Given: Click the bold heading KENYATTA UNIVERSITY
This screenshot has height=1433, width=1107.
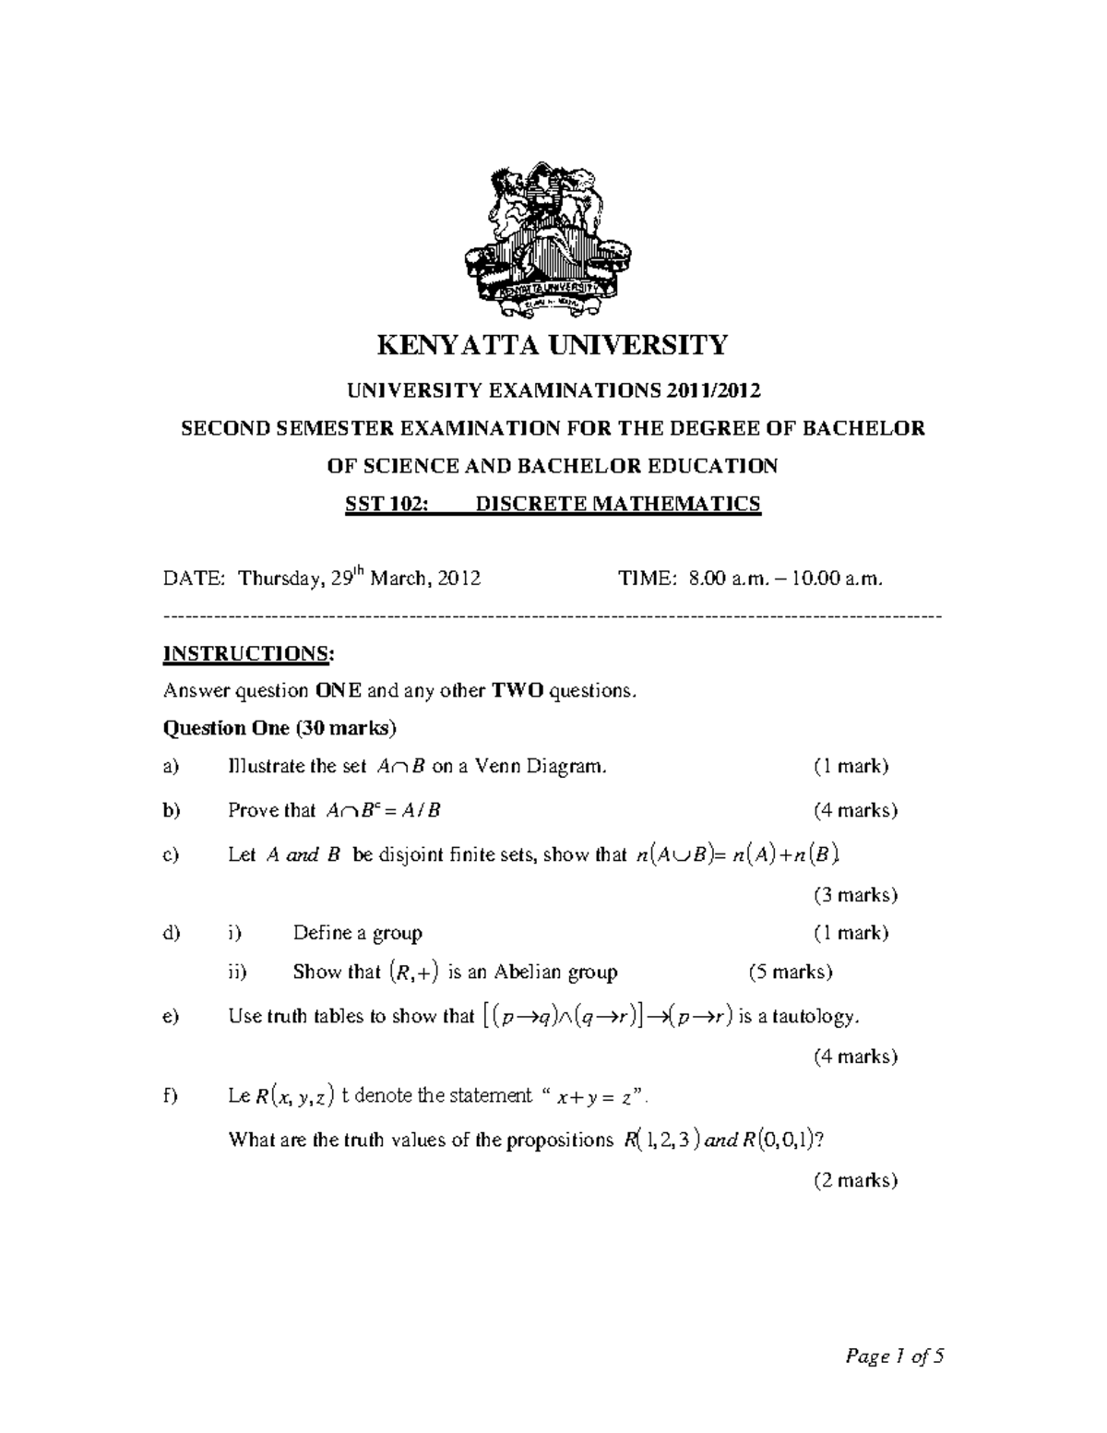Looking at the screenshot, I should [553, 345].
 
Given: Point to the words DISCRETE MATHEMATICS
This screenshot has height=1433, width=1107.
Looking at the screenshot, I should [617, 504].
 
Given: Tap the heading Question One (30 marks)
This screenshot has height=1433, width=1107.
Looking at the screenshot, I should [279, 728].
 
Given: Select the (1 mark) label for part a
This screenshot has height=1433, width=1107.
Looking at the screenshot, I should [851, 766].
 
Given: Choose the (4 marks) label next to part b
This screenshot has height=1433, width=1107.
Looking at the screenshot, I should [855, 810].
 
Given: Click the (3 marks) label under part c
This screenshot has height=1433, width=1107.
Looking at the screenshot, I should [855, 895].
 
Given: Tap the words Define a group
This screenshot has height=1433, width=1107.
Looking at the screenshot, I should [357, 933].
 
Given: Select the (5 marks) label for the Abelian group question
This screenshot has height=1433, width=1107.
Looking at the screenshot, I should [791, 972].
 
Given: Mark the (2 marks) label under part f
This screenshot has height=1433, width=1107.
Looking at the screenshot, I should [855, 1180].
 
